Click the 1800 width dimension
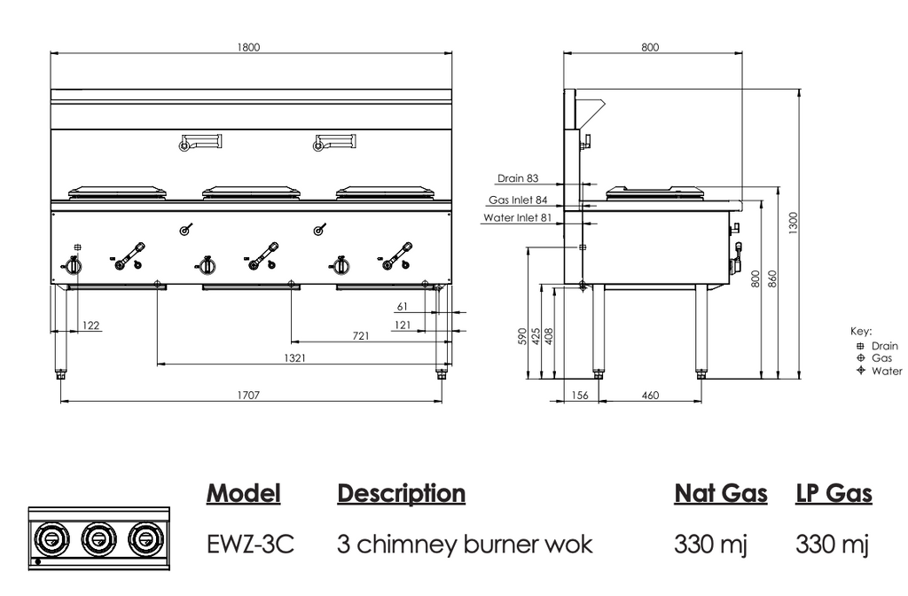tap(249, 48)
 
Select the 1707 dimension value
tap(249, 395)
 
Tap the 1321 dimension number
tap(295, 357)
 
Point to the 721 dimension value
tap(361, 335)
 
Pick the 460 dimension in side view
tap(650, 395)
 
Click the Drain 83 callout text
tap(518, 178)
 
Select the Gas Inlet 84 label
tap(518, 200)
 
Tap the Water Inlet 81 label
tap(518, 217)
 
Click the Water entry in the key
tap(887, 371)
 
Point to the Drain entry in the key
tap(885, 346)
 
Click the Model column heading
tap(244, 493)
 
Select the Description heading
tap(401, 493)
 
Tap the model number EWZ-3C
tap(250, 543)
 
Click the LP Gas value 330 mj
tap(833, 543)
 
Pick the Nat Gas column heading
tap(721, 493)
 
